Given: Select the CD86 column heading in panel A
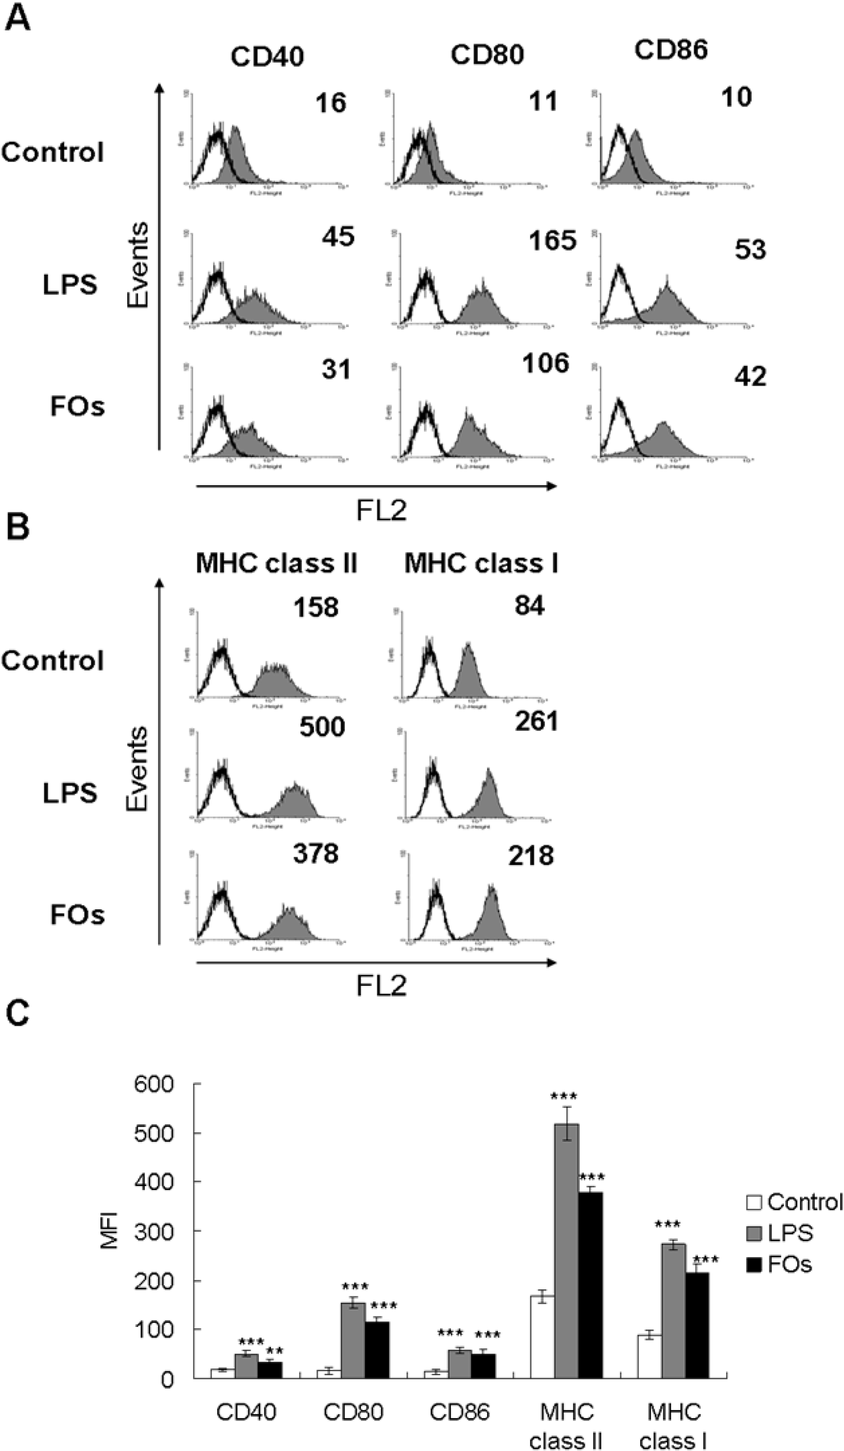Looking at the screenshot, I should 671,50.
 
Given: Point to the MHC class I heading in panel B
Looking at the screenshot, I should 481,563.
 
